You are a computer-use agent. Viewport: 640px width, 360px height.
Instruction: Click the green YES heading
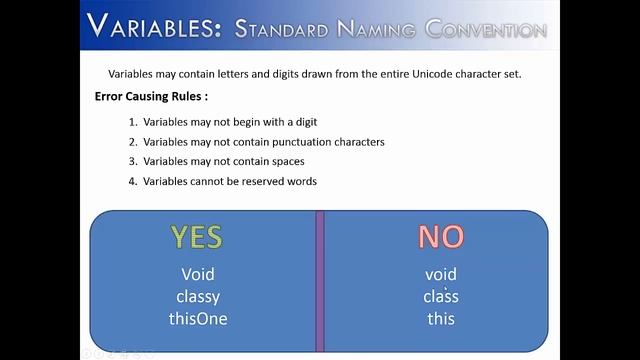tap(196, 237)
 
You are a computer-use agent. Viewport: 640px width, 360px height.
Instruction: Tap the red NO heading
tap(440, 237)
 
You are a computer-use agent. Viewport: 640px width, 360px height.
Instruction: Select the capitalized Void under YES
tap(198, 274)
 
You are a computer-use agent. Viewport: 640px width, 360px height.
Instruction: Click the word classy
tap(198, 296)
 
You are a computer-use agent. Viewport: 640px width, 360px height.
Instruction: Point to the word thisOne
tap(198, 318)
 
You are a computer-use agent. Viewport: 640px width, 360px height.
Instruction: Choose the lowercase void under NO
tap(440, 274)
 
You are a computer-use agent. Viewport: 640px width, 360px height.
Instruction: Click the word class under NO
tap(440, 296)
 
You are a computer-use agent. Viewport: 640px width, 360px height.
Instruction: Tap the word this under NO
tap(440, 318)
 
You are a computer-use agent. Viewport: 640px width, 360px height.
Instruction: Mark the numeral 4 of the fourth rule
tap(132, 181)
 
